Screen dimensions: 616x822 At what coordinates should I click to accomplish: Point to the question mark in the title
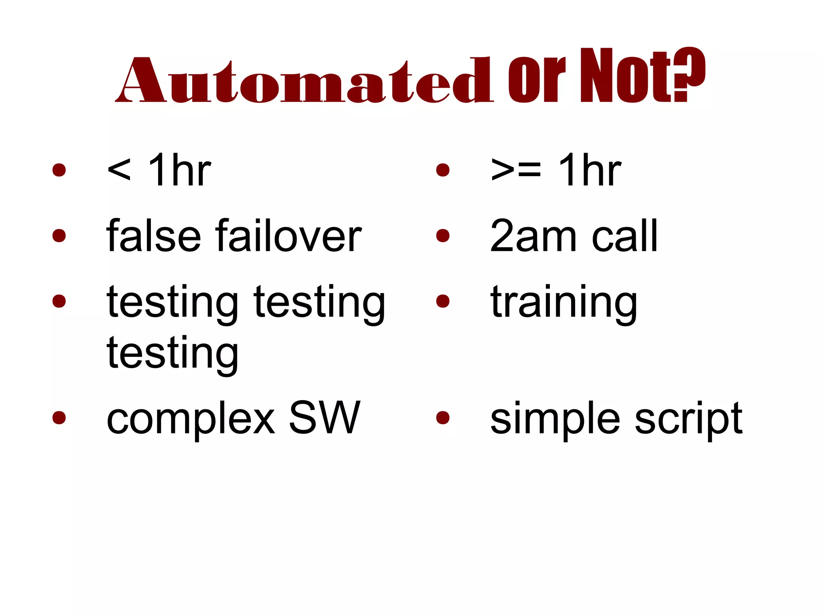tap(688, 75)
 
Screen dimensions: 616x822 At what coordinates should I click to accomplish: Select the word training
tap(564, 303)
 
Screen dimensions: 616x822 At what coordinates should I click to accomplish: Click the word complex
tap(191, 419)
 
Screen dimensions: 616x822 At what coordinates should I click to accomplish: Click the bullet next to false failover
tap(59, 236)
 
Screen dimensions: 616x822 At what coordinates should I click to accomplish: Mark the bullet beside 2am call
tap(443, 236)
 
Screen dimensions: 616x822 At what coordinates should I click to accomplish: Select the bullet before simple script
tap(443, 417)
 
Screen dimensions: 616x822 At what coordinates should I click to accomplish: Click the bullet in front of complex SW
tap(59, 417)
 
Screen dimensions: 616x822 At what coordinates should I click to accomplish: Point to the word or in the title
tap(536, 80)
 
